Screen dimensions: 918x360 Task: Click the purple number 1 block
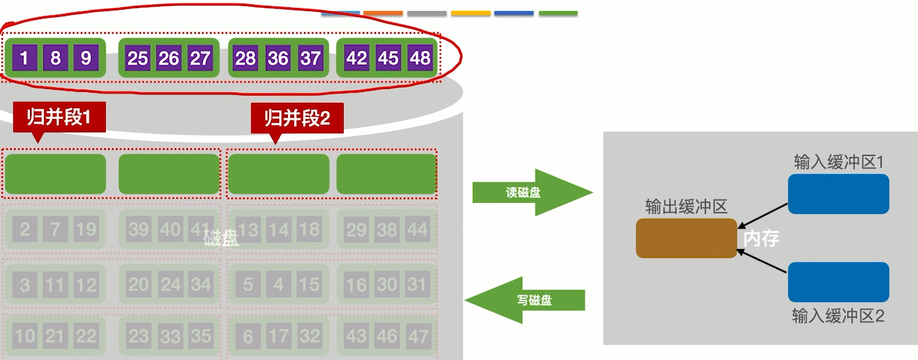coord(24,58)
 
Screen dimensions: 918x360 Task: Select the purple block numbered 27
coord(200,58)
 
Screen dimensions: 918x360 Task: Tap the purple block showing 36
coord(278,58)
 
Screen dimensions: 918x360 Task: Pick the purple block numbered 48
coord(420,58)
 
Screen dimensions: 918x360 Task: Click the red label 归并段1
coord(59,117)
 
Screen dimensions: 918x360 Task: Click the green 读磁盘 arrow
coord(530,192)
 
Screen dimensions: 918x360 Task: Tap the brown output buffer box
coord(686,238)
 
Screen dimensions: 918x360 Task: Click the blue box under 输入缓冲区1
coord(838,194)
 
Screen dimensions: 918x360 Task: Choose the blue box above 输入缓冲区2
coord(838,282)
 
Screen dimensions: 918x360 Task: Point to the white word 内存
coord(761,239)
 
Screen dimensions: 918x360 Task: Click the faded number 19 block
coord(86,229)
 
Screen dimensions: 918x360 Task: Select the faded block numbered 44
coord(417,229)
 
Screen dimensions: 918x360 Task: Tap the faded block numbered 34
coord(200,284)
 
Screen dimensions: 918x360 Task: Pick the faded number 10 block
coord(24,336)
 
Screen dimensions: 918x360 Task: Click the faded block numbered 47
coord(417,336)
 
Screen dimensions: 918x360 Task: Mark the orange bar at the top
coord(383,13)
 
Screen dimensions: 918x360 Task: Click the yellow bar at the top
coord(471,13)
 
